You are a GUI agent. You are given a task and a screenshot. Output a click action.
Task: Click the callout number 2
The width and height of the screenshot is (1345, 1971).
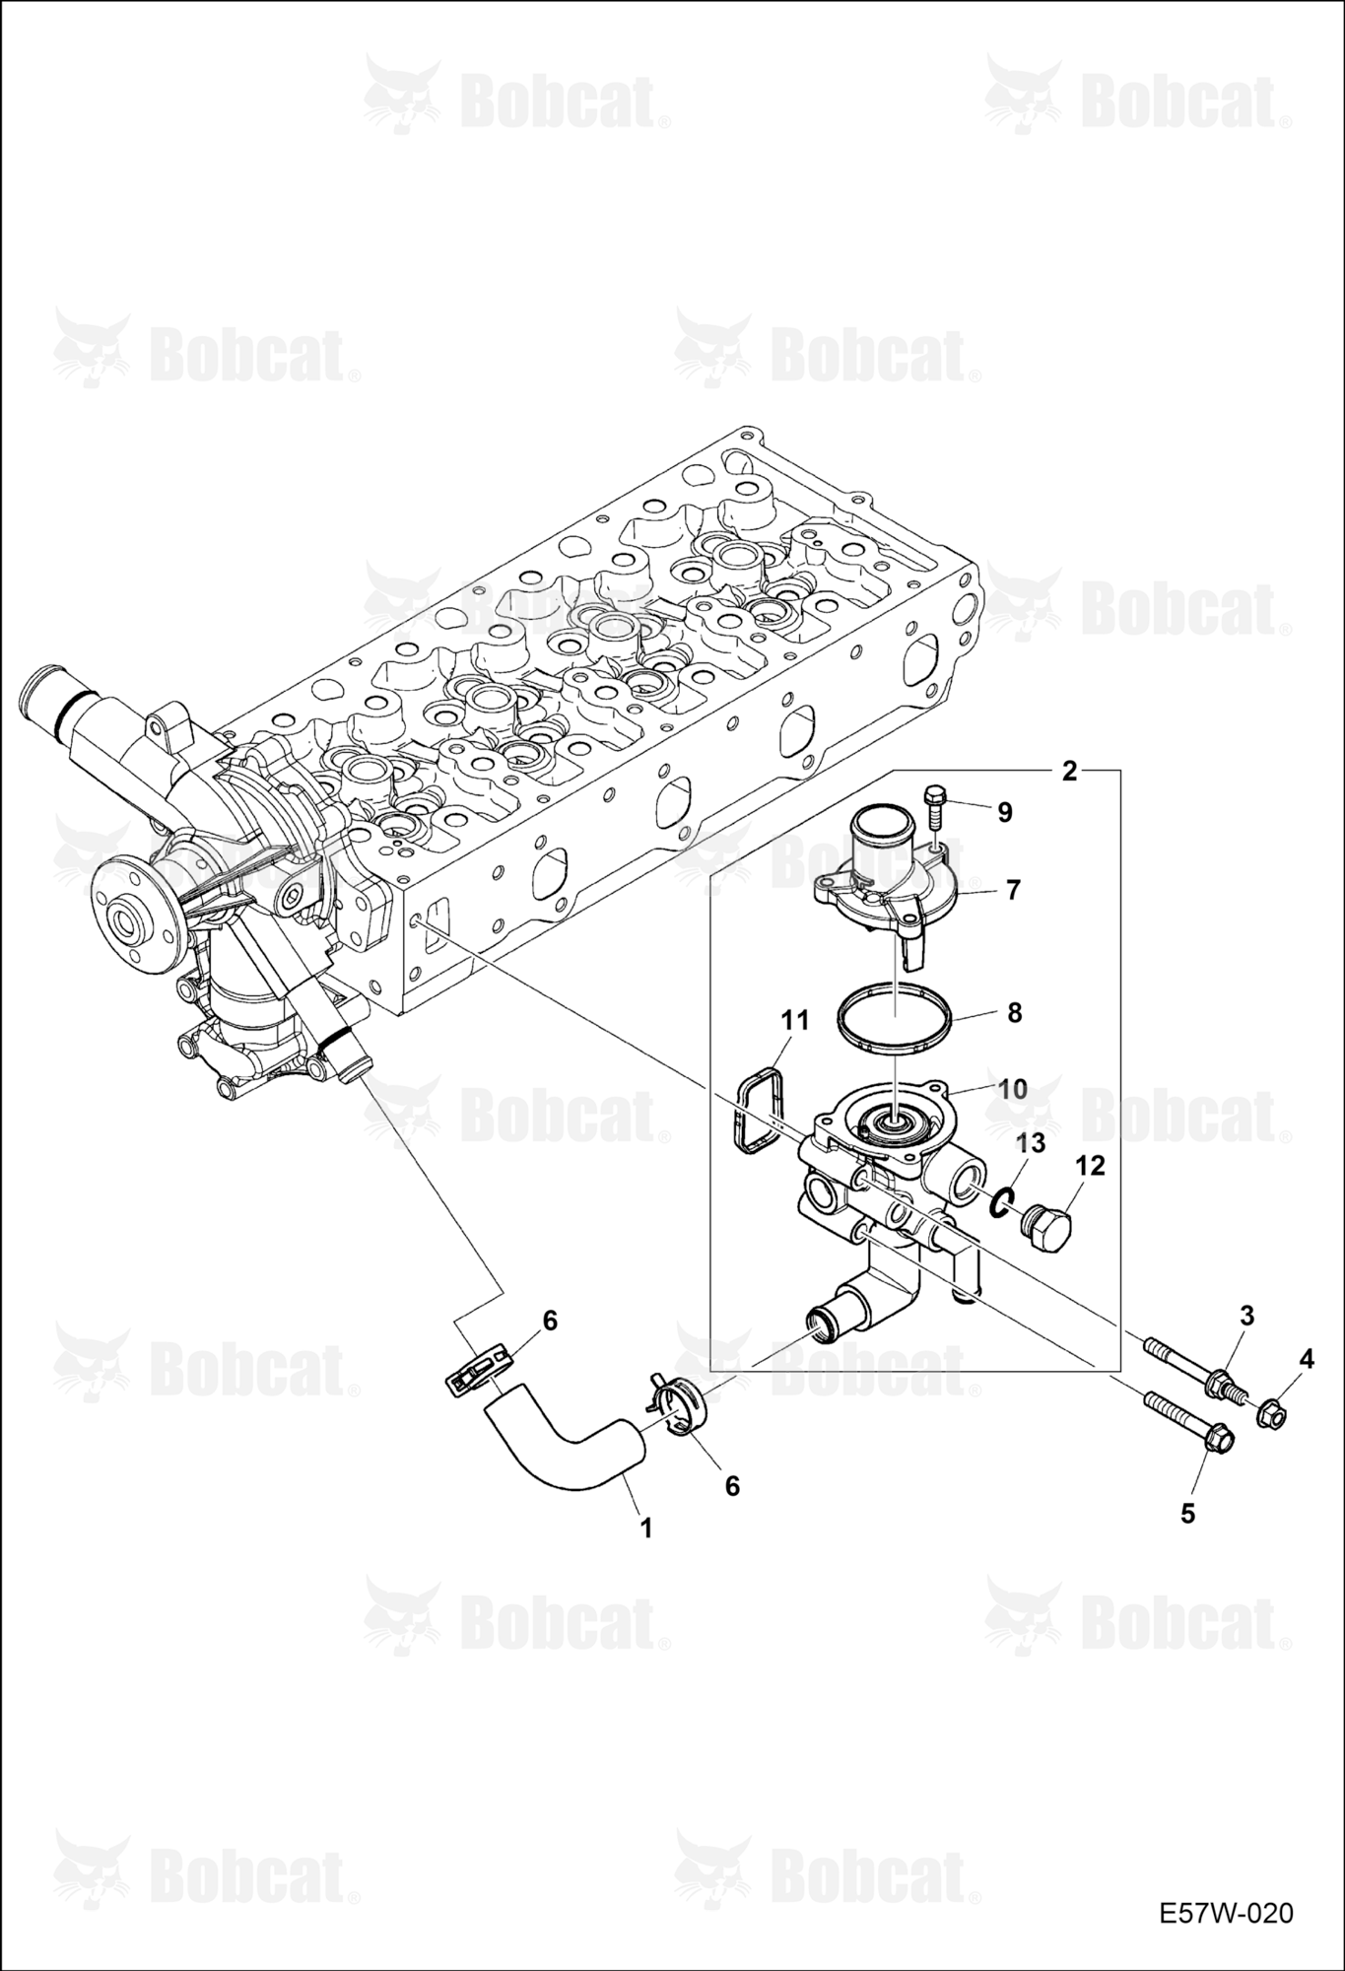pos(1069,771)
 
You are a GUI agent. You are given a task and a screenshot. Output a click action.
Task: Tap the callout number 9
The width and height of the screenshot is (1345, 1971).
pos(1004,812)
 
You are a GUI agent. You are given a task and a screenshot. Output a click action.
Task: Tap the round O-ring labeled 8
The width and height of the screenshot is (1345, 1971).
pos(895,1018)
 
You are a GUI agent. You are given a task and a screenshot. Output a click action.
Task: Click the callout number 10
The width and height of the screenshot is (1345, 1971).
pos(1013,1090)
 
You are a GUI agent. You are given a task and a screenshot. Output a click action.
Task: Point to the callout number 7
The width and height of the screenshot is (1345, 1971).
pos(1013,889)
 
